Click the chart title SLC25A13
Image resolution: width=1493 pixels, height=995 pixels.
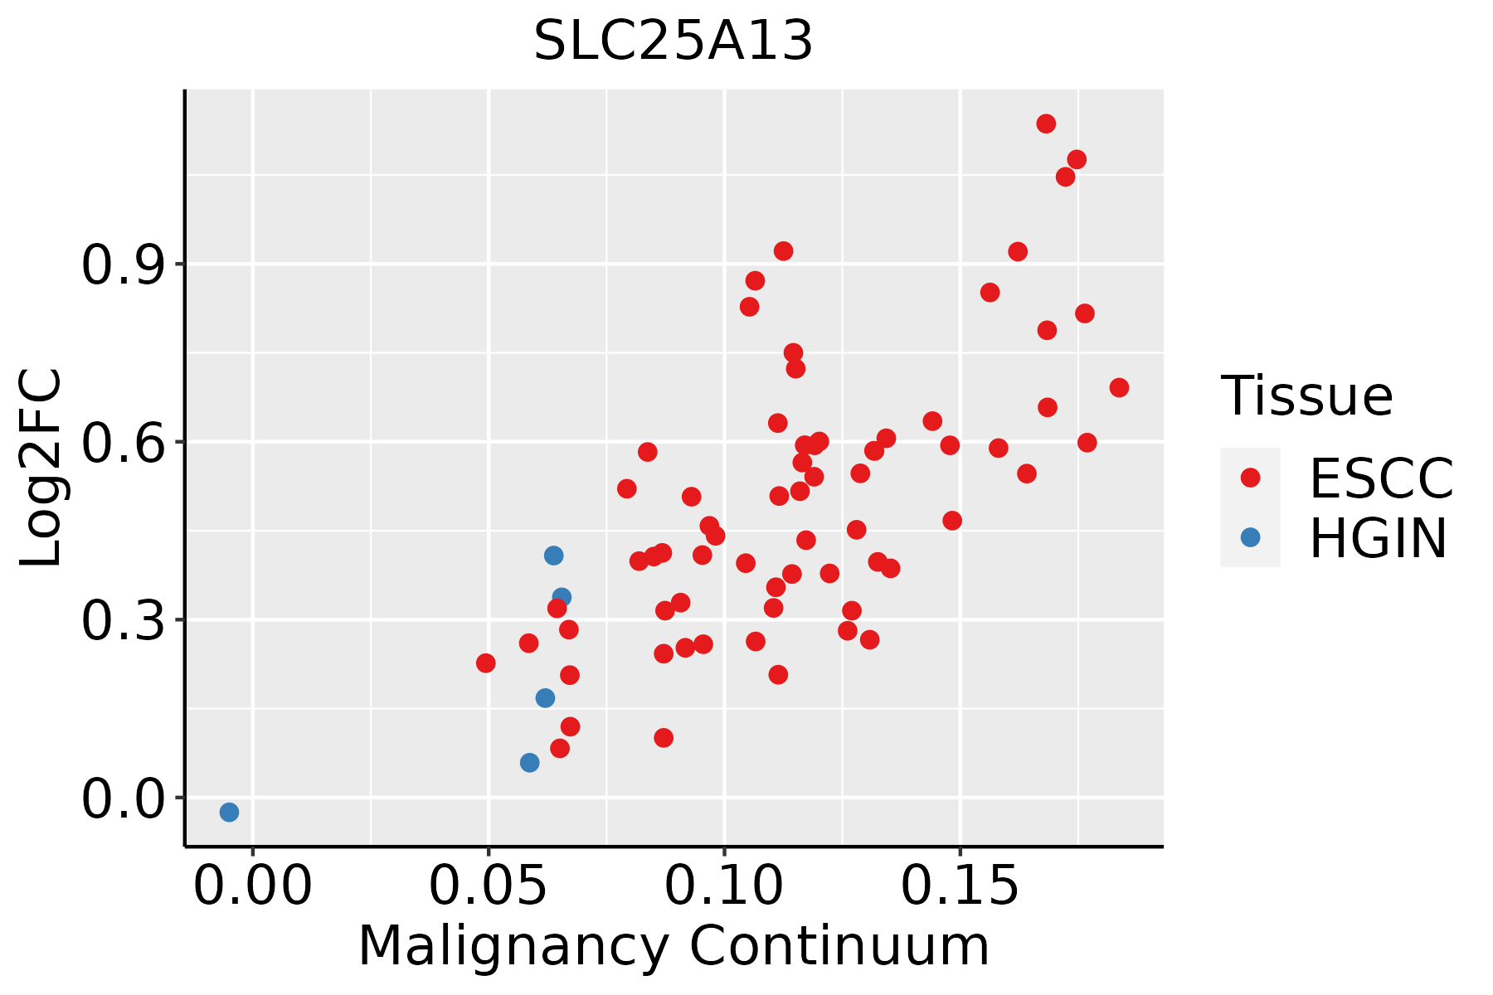coord(673,41)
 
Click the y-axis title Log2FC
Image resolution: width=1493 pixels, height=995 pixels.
coord(41,468)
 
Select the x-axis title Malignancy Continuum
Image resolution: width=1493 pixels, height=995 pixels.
coord(674,946)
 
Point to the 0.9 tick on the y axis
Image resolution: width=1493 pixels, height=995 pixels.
coord(121,265)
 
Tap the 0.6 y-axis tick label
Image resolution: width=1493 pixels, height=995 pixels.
coord(121,443)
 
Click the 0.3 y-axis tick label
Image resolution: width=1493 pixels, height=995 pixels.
coord(121,621)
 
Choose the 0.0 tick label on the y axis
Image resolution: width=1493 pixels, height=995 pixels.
coord(121,798)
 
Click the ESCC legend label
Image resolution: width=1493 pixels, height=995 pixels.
coord(1381,478)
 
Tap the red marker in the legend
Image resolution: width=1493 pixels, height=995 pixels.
coord(1250,478)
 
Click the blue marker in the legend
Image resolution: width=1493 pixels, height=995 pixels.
coord(1250,537)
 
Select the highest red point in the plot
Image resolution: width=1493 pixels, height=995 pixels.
coord(1046,124)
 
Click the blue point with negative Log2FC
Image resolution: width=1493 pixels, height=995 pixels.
coord(229,812)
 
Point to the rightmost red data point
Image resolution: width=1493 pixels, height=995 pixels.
coord(1119,387)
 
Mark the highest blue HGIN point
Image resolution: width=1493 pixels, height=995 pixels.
coord(553,556)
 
